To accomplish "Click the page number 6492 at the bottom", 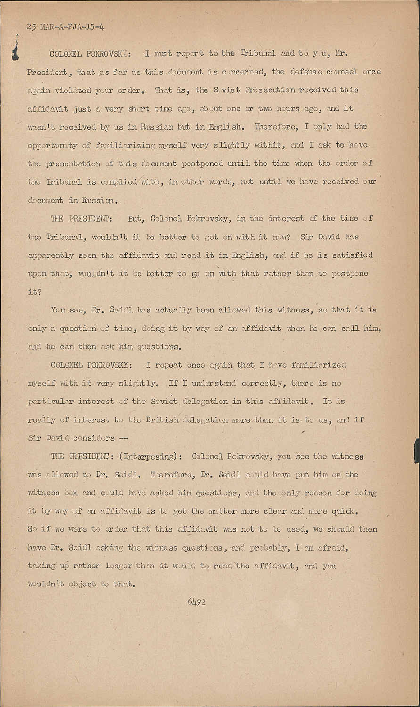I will (196, 602).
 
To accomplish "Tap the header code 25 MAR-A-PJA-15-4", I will (66, 27).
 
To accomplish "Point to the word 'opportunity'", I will (53, 145).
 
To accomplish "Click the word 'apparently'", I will (51, 255).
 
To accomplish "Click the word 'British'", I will (162, 420).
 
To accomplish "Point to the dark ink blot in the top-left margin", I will (16, 50).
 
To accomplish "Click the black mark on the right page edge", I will (416, 451).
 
